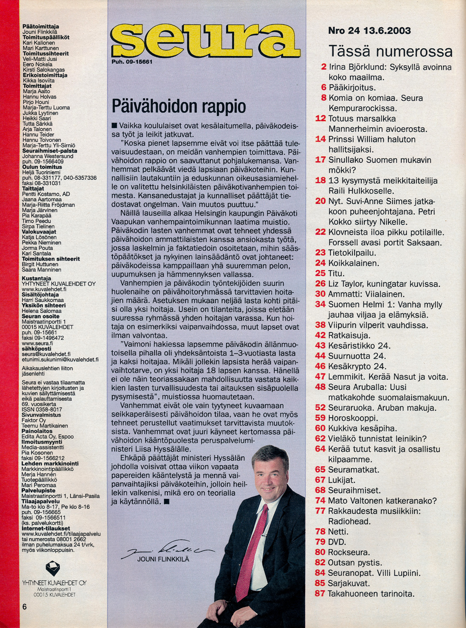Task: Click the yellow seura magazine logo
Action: tap(205, 40)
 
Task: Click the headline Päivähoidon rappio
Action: tap(179, 107)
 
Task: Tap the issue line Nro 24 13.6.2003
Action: tap(369, 31)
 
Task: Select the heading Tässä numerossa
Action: tap(390, 51)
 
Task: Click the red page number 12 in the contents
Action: tap(321, 119)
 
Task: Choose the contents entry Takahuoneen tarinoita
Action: tap(371, 594)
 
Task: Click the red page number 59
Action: tap(321, 418)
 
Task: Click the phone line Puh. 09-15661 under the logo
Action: tap(132, 62)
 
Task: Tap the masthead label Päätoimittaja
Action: tap(41, 27)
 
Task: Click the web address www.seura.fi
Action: tap(37, 343)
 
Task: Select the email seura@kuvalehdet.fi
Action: tap(46, 354)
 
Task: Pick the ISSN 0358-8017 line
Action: tap(42, 410)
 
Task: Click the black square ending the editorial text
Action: tap(167, 502)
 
